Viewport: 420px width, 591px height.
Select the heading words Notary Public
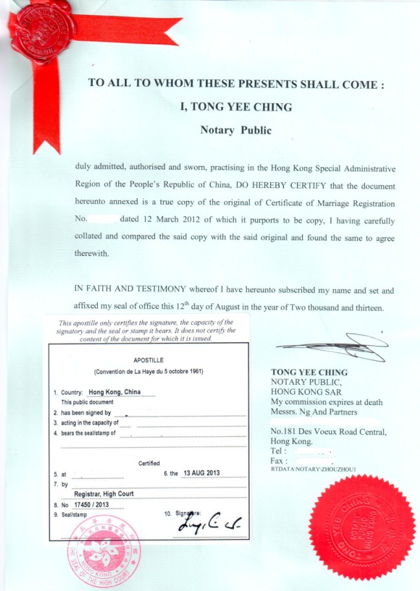(236, 130)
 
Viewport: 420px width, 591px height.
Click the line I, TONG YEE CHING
(236, 107)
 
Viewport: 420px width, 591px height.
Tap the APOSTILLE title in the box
(148, 359)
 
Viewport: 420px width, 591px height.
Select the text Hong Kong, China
(123, 392)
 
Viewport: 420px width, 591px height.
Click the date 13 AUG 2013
(202, 472)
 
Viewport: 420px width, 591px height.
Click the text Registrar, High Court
(106, 493)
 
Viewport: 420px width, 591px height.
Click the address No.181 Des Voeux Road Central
(329, 432)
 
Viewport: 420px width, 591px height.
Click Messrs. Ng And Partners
(314, 411)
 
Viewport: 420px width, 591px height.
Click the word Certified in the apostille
(149, 463)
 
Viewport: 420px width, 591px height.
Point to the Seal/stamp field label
(70, 515)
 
